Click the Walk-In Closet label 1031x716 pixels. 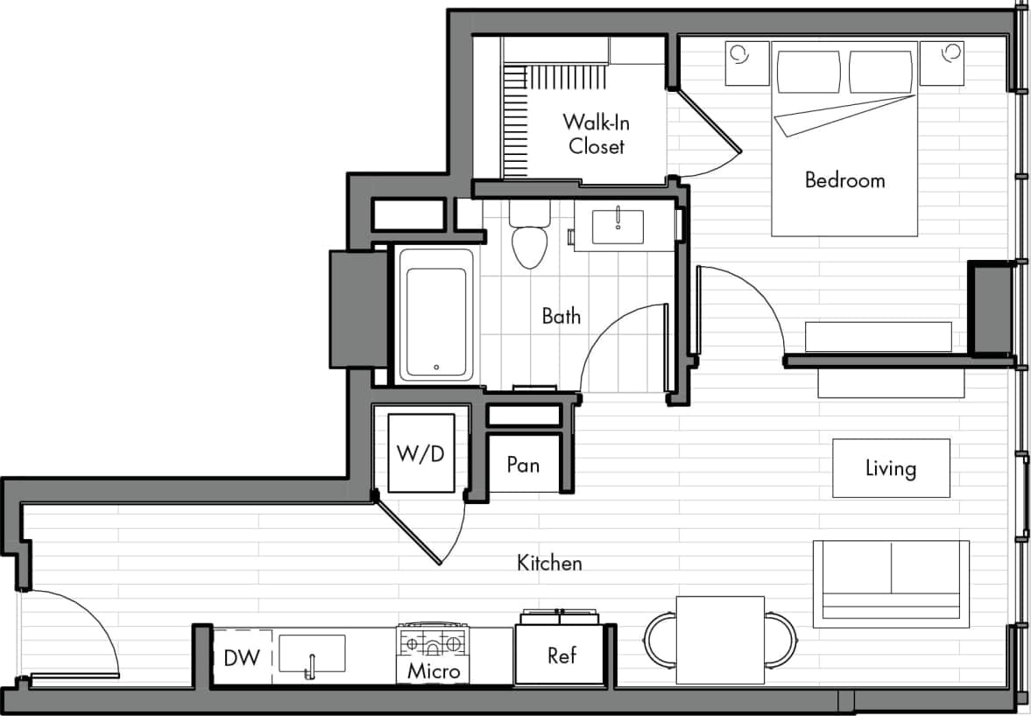pos(596,134)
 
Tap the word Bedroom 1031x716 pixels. pos(844,180)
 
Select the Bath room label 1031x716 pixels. pos(561,316)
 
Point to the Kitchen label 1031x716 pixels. pos(549,562)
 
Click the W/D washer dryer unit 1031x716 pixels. pos(421,453)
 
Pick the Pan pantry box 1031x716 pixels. pos(523,464)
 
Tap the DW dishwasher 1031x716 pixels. pos(242,656)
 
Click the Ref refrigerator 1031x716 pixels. pos(561,655)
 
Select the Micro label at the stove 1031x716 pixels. pos(434,671)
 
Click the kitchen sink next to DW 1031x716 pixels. pos(312,654)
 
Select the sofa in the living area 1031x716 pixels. pos(890,583)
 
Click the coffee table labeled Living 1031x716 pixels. pos(891,468)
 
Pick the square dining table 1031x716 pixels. pos(720,640)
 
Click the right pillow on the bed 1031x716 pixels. pos(880,71)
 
